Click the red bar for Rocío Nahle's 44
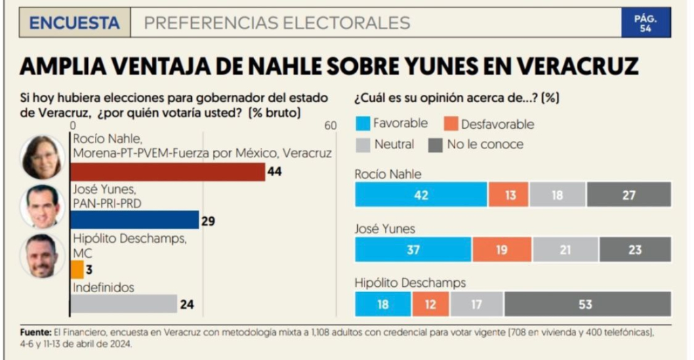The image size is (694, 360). tap(167, 172)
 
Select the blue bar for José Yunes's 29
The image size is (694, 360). tap(134, 220)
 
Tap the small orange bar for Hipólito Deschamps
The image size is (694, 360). tap(77, 270)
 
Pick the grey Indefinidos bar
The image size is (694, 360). tap(123, 304)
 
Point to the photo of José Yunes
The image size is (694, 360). tap(42, 205)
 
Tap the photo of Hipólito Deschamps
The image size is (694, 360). tap(42, 256)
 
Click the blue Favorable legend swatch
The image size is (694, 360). tap(362, 123)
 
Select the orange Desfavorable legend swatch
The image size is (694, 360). tap(450, 123)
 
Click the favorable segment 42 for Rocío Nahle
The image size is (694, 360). tap(421, 195)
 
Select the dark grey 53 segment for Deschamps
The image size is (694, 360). tap(584, 304)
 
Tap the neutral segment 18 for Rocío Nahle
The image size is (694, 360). tap(558, 195)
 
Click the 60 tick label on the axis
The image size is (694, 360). tap(330, 126)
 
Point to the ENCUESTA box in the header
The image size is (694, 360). tap(75, 23)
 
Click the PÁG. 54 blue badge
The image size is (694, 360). tap(645, 23)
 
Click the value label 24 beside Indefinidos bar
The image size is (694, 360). tap(187, 304)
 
